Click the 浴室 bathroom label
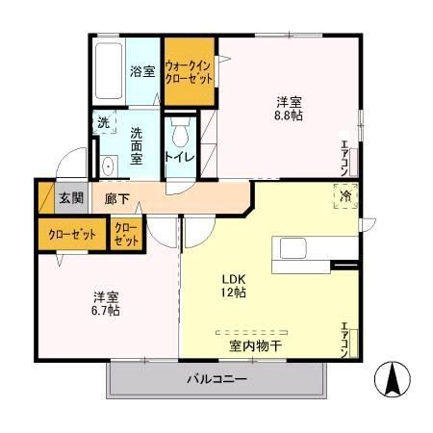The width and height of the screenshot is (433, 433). (x=142, y=70)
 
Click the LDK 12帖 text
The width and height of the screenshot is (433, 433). (x=235, y=285)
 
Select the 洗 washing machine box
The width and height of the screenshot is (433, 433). (x=103, y=123)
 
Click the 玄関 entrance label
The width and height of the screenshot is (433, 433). (x=70, y=198)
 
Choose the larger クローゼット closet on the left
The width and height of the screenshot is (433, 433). (x=72, y=234)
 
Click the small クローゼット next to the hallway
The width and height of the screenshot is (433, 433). (x=127, y=234)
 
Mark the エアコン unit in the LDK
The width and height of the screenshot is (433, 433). (x=345, y=342)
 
